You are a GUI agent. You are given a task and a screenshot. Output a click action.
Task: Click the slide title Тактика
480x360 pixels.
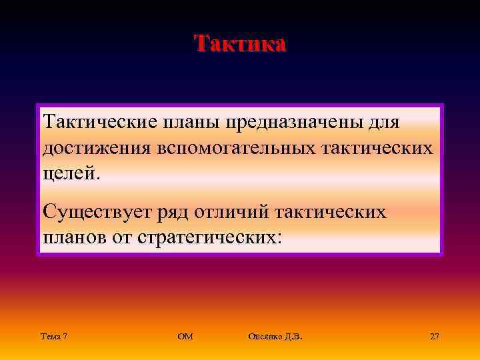[240, 43]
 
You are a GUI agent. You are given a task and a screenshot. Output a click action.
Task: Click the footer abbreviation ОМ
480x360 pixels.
[185, 337]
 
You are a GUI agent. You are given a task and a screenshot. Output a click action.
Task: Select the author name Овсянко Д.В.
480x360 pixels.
[275, 337]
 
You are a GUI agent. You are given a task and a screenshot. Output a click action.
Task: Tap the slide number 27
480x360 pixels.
[435, 337]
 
